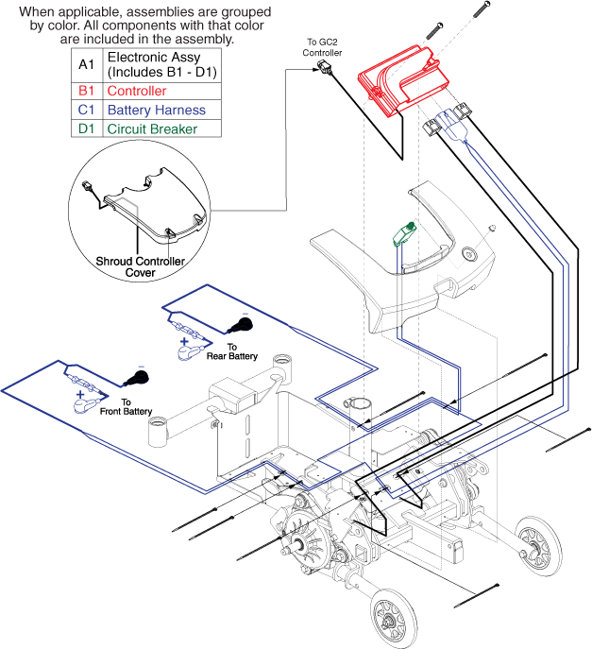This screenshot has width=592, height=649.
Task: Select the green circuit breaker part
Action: [x=407, y=230]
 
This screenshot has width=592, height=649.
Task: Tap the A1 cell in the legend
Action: [x=86, y=65]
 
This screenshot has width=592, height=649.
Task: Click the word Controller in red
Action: [x=137, y=92]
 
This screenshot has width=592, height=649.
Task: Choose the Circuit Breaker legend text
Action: [x=152, y=129]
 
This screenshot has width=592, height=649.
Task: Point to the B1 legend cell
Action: [x=86, y=92]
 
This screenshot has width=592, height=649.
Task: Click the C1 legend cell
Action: [x=86, y=111]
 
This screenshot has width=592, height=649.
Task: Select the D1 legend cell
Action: [x=86, y=129]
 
